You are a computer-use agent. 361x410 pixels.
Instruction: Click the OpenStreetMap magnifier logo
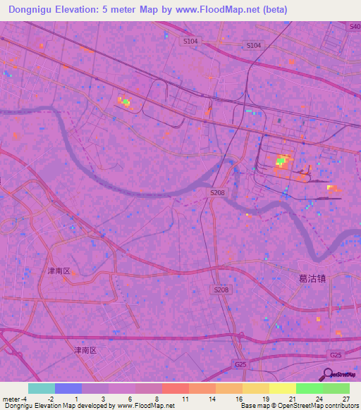tap(328, 373)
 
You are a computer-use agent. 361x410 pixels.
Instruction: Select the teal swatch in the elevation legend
tap(42, 388)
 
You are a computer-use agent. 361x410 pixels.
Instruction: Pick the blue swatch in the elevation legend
tap(68, 388)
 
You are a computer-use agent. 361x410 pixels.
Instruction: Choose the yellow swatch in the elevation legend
tap(255, 388)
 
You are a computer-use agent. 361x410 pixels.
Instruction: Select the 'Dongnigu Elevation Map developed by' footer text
tap(56, 406)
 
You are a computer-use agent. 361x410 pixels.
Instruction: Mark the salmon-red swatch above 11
tap(175, 388)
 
